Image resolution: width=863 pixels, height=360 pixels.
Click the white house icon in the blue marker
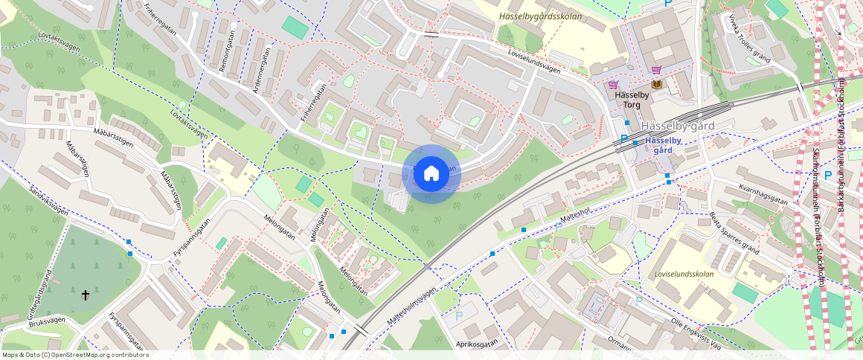click(x=431, y=174)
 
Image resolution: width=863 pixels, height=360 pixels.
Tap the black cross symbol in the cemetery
click(x=86, y=295)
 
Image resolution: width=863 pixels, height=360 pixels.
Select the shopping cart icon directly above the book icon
click(x=656, y=70)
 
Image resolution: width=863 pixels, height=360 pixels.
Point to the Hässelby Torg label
click(x=627, y=100)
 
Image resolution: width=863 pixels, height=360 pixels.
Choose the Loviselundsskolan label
click(x=684, y=274)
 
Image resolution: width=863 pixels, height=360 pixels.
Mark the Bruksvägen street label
click(x=47, y=321)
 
